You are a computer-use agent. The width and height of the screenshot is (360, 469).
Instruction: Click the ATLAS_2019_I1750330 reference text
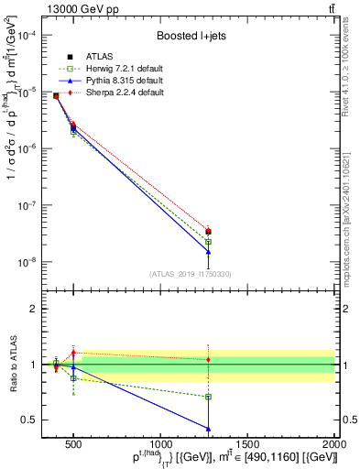tap(189, 274)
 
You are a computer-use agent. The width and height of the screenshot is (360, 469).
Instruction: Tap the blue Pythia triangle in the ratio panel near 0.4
tap(209, 428)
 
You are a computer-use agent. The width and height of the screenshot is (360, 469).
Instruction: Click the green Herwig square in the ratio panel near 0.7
tap(209, 397)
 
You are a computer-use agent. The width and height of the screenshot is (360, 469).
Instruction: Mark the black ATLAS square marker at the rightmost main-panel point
tap(209, 232)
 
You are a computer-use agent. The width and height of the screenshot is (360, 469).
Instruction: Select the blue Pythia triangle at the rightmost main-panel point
tap(209, 252)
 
